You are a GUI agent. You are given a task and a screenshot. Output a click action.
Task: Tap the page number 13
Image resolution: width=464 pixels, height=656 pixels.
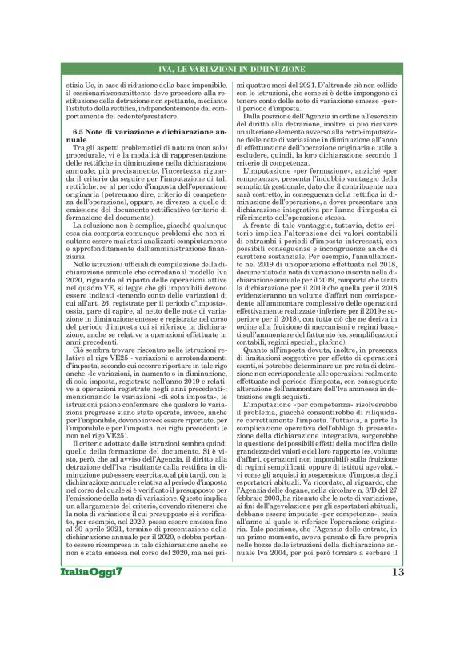coord(398,617)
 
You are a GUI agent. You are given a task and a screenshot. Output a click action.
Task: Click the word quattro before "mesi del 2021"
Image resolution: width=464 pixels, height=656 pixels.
coord(262,83)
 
